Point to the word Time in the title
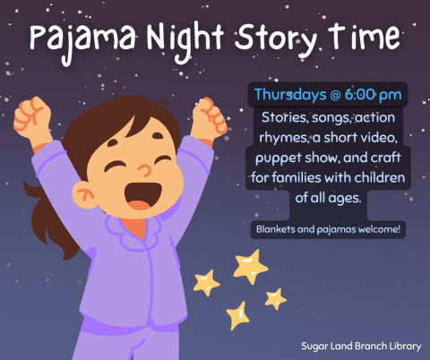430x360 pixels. tap(364, 39)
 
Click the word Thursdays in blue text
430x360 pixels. tap(291, 94)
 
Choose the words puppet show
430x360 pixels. tap(291, 157)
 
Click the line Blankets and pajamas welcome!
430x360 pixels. tap(329, 230)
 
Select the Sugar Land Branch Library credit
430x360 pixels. tap(362, 344)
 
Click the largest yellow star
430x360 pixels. tap(249, 266)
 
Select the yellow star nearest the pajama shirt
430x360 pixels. tap(207, 283)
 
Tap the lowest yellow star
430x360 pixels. tap(238, 314)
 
